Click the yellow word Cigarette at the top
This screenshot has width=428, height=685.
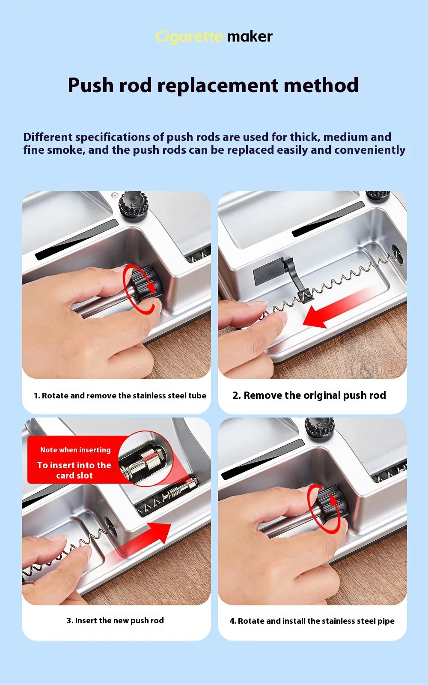coord(188,37)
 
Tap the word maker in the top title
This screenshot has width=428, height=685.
coord(250,37)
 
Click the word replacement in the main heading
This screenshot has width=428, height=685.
coord(217,86)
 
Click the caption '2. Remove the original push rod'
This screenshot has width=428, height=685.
coord(309,395)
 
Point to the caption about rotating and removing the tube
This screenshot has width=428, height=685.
coord(120,395)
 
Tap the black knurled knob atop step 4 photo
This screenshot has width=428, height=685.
coord(320,429)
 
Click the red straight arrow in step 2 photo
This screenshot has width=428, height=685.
coord(339,308)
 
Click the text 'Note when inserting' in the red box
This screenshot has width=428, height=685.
coord(75,450)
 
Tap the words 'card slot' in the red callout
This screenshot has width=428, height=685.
coord(74,476)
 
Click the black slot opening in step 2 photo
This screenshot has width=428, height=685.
coord(328,219)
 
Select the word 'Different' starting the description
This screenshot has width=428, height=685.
coord(48,137)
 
